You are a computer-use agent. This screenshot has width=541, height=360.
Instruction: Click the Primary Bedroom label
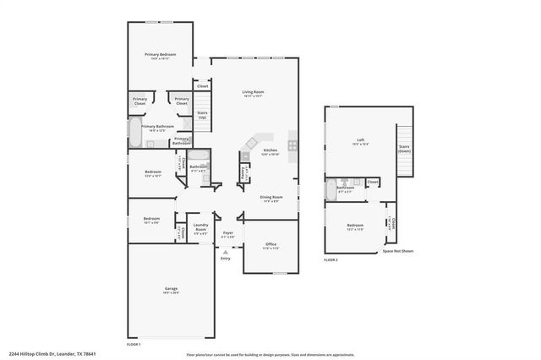point(160,55)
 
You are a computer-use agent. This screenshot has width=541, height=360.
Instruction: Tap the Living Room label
point(254,92)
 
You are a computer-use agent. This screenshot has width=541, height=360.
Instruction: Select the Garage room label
point(171,289)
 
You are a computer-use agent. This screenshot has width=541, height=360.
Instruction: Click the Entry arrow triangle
point(226,251)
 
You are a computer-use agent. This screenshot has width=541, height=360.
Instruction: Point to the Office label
point(270,244)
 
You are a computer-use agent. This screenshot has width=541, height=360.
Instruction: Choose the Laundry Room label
point(201,228)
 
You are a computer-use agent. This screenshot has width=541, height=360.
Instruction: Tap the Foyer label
point(228,232)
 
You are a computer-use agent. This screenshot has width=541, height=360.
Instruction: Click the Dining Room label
point(271,197)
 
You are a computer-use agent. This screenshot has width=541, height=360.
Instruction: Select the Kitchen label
point(270,150)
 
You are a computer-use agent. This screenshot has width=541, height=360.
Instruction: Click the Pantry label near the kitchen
point(244,172)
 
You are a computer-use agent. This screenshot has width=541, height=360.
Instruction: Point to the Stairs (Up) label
point(202,114)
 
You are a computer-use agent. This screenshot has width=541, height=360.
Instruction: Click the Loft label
point(361,140)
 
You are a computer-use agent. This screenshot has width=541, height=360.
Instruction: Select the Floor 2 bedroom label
point(356,226)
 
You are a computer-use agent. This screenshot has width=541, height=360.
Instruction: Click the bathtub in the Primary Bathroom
point(135,131)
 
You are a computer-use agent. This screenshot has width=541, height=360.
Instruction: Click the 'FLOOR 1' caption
point(134,344)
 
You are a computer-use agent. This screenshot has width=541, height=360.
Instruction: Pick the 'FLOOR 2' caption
point(331,259)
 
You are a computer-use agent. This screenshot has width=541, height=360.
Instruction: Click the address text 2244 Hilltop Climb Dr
point(48,353)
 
